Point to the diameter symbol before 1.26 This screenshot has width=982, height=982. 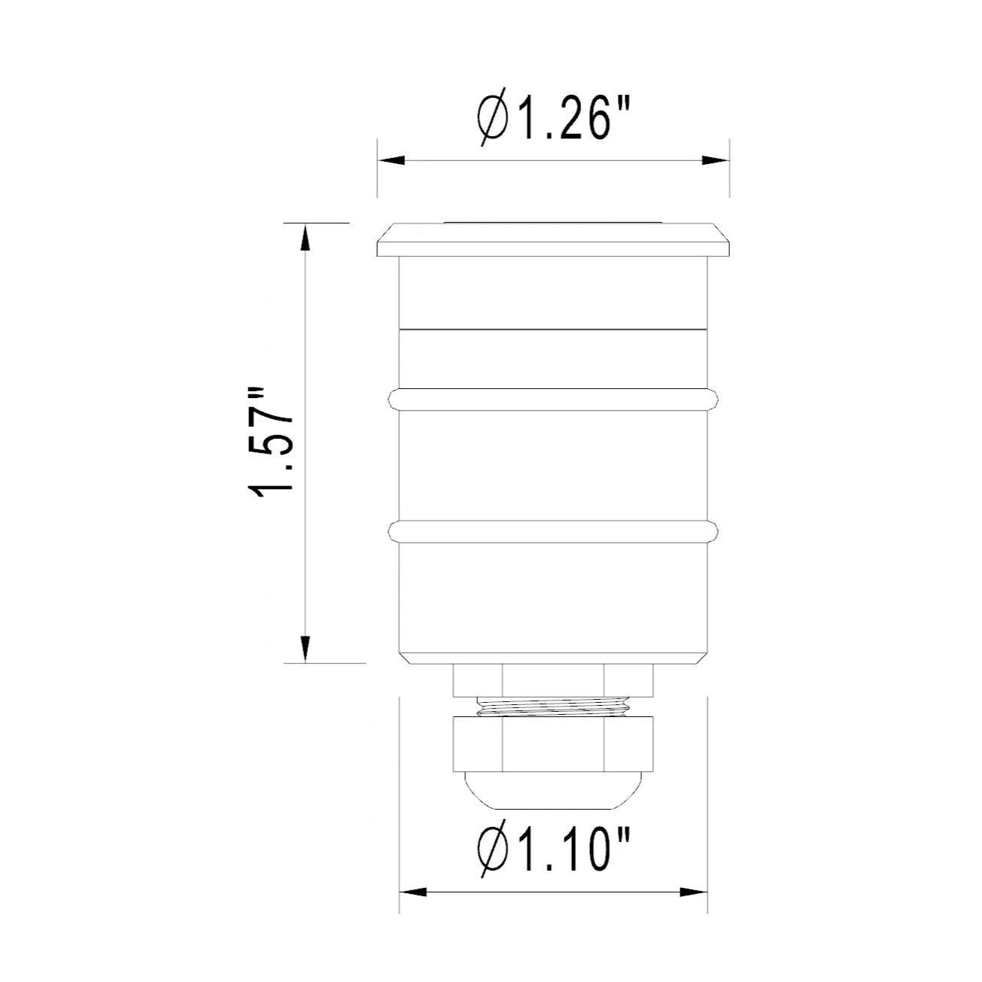click(x=491, y=119)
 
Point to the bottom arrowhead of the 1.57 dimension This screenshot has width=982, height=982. click(x=305, y=648)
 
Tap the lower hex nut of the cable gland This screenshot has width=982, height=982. click(x=553, y=742)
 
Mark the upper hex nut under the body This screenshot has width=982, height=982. click(x=553, y=680)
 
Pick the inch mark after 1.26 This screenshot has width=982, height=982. click(x=622, y=105)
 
